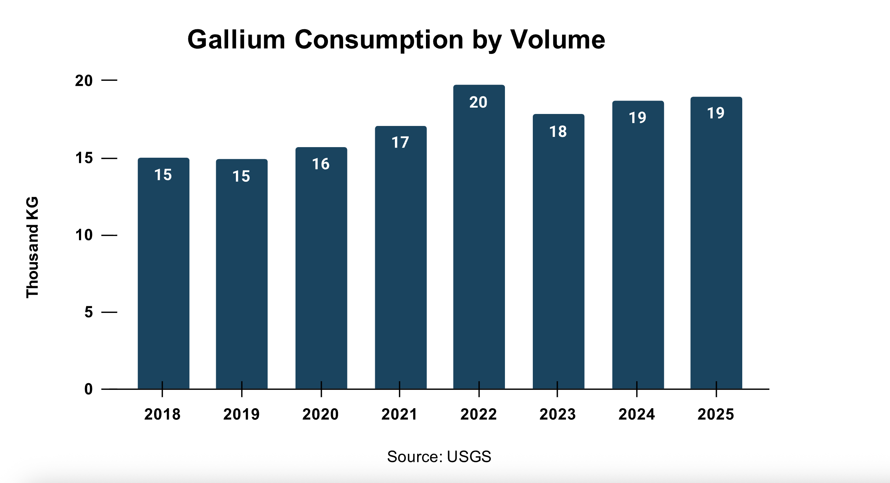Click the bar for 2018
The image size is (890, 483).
tap(163, 275)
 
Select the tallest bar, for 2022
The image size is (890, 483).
tap(479, 240)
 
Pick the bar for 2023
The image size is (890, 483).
tap(558, 254)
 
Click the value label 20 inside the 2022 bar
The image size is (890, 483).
tap(478, 102)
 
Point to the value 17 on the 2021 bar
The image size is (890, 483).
tap(400, 143)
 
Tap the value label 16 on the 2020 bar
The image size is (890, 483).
tap(321, 164)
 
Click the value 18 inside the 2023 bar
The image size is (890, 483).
tap(558, 132)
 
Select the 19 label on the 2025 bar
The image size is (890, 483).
tap(715, 113)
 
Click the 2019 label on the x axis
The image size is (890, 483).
tap(242, 414)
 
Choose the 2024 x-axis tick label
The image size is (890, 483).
tap(636, 414)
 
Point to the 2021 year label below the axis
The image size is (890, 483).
tap(399, 414)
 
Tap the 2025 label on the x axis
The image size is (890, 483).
tap(715, 414)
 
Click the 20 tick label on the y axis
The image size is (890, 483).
tap(84, 81)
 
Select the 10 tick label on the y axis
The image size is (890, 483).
tap(84, 235)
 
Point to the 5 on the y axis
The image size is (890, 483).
tap(89, 312)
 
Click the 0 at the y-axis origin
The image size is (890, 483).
tap(89, 389)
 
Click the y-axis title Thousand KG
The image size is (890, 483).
tap(32, 247)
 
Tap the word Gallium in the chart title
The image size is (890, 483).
tap(236, 40)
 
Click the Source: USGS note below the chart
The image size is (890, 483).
tap(439, 457)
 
